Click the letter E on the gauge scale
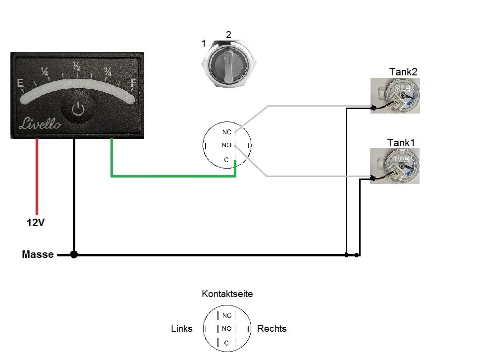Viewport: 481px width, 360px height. pos(21,83)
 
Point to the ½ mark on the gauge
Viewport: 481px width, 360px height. pos(77,65)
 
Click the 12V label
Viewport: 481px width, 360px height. pos(36,223)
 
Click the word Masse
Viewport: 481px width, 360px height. pos(38,255)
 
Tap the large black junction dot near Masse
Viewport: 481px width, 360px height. pos(74,255)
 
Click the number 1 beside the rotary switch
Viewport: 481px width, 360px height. pos(204,44)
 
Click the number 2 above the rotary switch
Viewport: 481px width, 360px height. pos(228,35)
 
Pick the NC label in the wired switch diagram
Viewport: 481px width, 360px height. pos(227,132)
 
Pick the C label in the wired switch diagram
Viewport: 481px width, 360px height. pos(226,160)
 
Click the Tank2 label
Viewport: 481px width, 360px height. pos(403,72)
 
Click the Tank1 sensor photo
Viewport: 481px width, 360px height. pos(395,166)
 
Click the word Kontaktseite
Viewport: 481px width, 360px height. pos(227,294)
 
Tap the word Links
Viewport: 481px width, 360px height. pos(181,328)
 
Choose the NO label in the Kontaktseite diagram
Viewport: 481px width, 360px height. pos(226,328)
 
